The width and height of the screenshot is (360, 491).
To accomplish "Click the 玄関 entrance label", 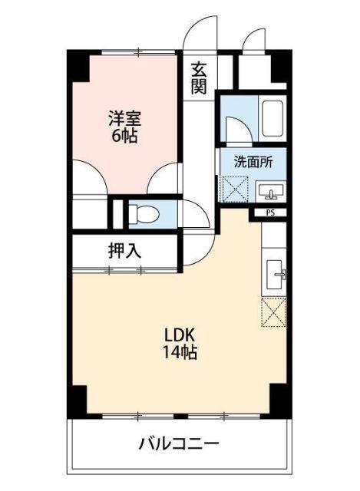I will [x=199, y=77].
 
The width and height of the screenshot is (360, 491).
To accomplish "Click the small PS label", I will [x=270, y=213].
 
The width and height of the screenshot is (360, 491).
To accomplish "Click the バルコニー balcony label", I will [x=180, y=443].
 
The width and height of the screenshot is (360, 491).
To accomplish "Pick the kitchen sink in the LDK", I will [x=276, y=273].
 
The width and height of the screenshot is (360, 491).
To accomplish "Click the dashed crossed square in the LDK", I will [x=274, y=311].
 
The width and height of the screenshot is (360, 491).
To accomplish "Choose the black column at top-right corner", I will [x=281, y=66].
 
